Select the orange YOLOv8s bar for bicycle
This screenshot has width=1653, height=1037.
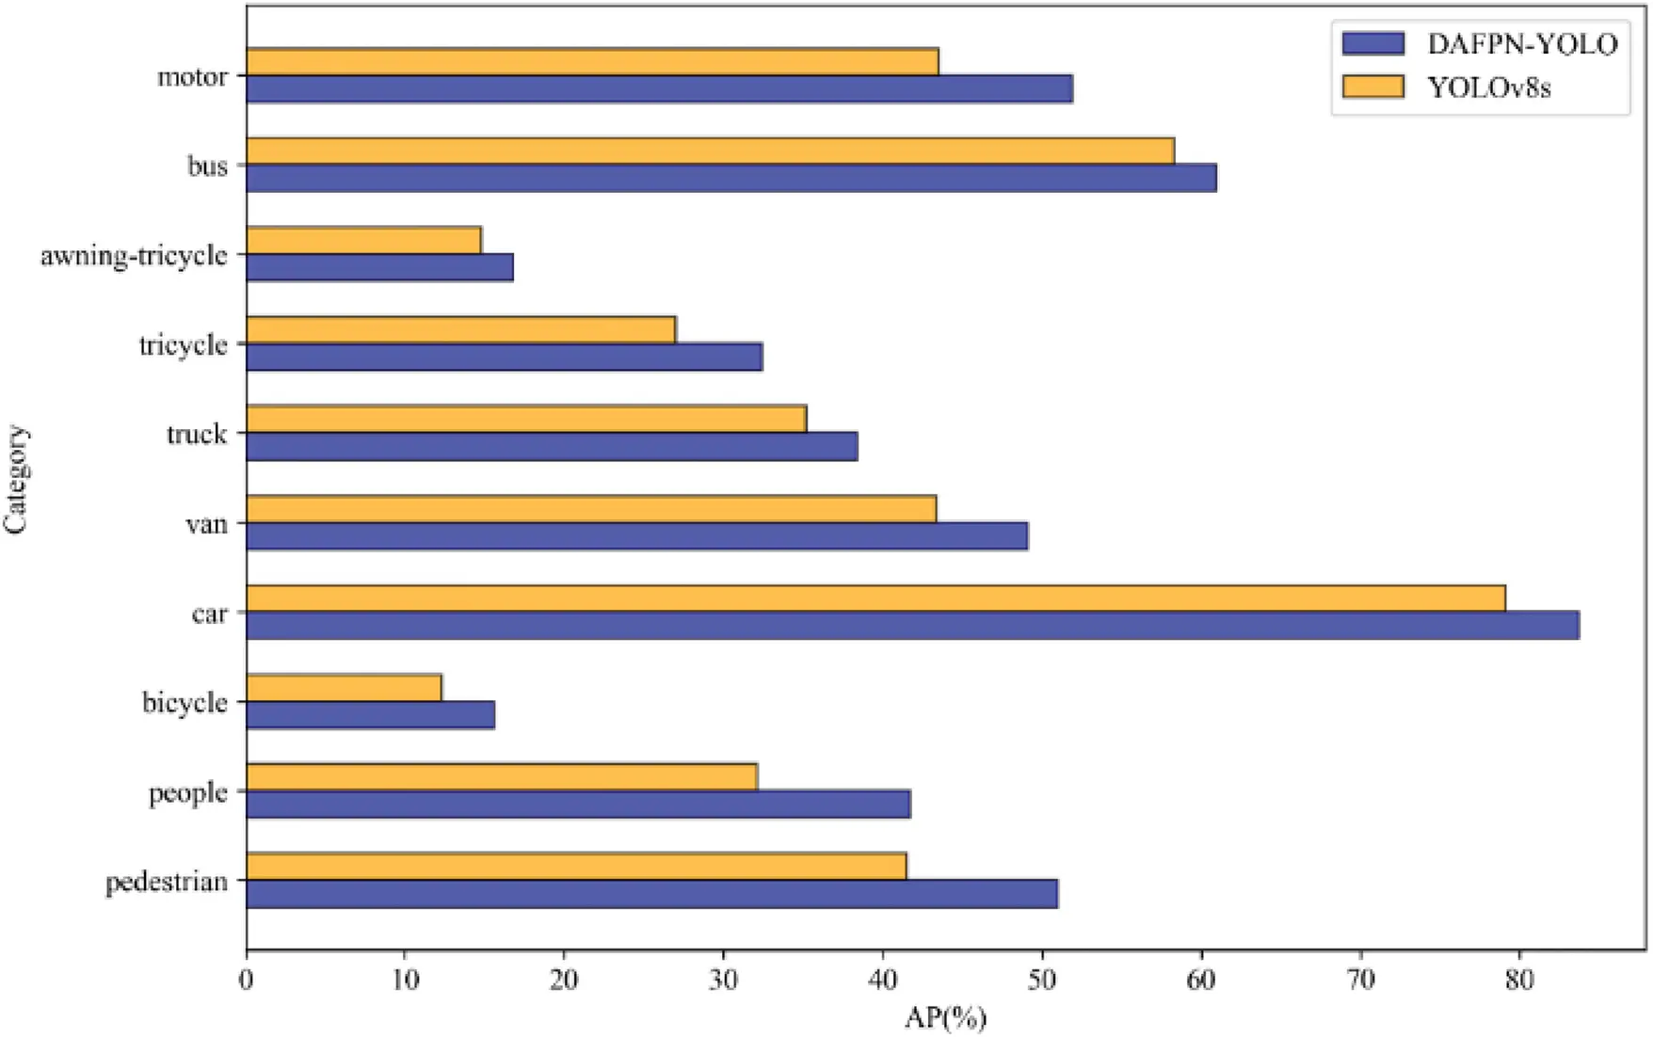coord(344,688)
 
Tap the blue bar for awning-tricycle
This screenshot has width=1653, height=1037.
coord(379,267)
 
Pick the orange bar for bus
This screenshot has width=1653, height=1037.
coord(710,151)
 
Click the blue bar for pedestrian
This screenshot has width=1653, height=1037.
coord(651,894)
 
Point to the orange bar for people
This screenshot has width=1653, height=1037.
coord(502,777)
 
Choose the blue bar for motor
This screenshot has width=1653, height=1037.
coord(659,89)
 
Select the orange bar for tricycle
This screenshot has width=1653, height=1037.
coord(460,330)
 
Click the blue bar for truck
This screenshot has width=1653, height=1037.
coord(552,447)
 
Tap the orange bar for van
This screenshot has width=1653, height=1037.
coord(591,509)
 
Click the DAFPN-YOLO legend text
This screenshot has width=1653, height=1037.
coord(1522,43)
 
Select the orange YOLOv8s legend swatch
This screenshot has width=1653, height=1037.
coord(1372,88)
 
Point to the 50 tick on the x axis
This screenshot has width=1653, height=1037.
coord(1042,952)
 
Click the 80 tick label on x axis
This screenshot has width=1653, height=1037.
coord(1519,981)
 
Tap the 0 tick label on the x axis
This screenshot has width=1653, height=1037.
coord(247,981)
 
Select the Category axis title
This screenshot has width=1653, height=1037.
coord(16,480)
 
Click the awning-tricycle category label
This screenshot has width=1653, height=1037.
coord(134,255)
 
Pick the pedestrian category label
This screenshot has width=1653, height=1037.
coord(167,883)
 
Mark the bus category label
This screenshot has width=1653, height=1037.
coord(207,167)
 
